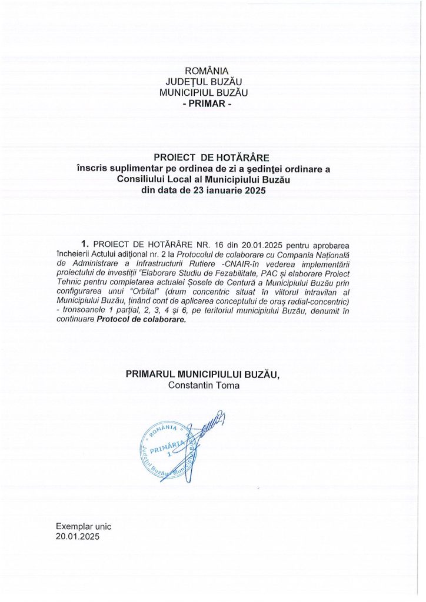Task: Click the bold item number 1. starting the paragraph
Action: (85, 244)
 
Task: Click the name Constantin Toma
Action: (204, 385)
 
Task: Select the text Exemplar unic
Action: (84, 527)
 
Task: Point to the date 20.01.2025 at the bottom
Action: (78, 537)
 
